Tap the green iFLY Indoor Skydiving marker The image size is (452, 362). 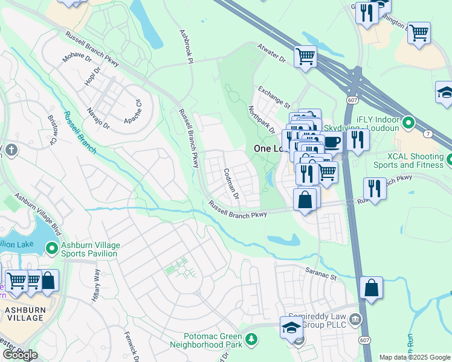tap(408, 124)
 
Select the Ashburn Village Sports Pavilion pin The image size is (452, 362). tap(52, 247)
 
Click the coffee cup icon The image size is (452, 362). tap(332, 143)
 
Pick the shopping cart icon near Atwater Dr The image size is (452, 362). tap(306, 56)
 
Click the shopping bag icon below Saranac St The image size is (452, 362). tap(371, 288)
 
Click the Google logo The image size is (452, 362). tap(19, 355)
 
